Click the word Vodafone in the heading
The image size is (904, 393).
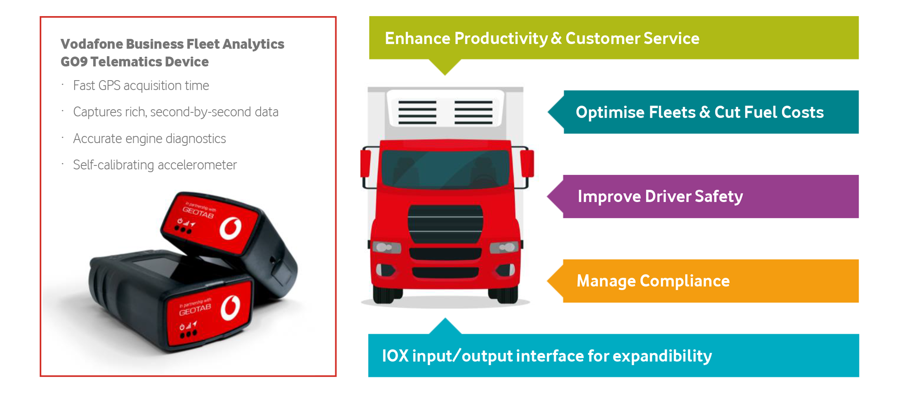tap(92, 44)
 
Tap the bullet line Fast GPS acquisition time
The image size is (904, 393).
tap(141, 85)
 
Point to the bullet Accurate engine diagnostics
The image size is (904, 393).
tap(149, 138)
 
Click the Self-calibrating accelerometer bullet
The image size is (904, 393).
tap(155, 165)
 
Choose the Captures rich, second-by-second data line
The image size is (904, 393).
tap(176, 112)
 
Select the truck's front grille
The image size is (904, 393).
tap(445, 224)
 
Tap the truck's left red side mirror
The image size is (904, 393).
tap(366, 163)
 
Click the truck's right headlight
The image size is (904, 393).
tap(505, 247)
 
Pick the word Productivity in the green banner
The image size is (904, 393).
tap(501, 39)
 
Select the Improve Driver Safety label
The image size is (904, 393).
tap(660, 196)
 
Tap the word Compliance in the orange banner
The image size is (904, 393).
tap(685, 281)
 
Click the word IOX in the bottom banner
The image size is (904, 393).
tap(395, 356)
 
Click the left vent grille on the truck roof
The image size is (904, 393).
tap(417, 112)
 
